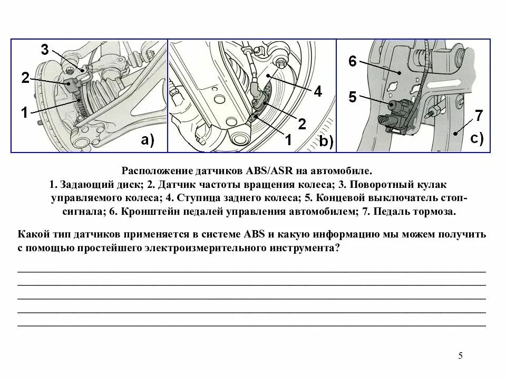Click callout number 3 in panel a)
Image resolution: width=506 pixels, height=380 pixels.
click(x=45, y=51)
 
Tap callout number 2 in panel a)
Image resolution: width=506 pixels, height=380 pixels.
click(x=25, y=79)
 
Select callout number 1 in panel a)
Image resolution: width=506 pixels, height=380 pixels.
click(x=25, y=111)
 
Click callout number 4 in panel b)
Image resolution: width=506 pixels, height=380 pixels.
click(x=317, y=91)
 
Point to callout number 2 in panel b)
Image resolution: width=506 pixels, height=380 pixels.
click(x=302, y=123)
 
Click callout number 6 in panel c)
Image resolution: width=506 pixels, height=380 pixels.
click(x=353, y=61)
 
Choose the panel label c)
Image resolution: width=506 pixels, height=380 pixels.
click(x=476, y=139)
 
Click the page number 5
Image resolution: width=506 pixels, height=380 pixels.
click(x=460, y=355)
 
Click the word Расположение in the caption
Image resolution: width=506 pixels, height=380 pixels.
click(x=154, y=172)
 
